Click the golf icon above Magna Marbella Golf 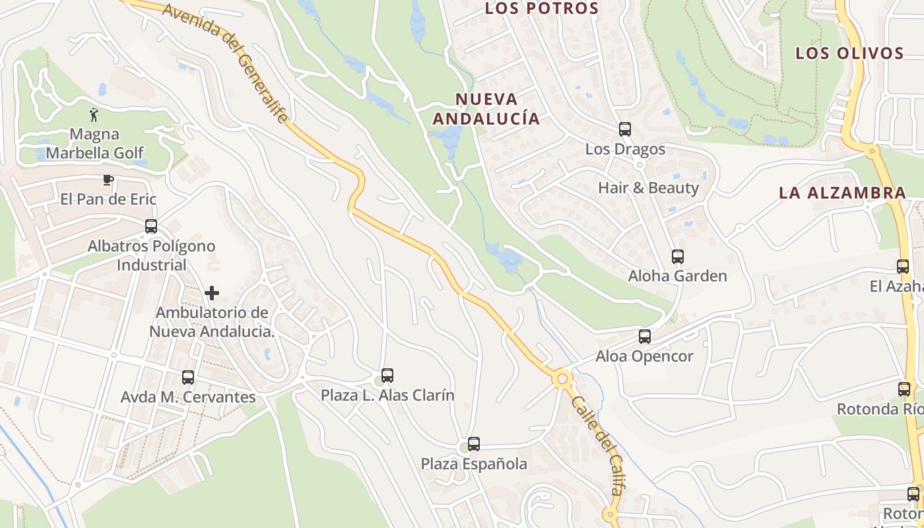94,115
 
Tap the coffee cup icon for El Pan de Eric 108,180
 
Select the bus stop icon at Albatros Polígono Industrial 151,226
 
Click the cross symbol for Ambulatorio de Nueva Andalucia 212,292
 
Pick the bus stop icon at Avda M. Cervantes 188,378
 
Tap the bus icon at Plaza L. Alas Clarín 387,376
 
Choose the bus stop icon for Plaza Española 474,444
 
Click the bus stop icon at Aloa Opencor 645,337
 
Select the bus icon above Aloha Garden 678,257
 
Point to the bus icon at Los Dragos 625,129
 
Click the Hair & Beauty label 648,188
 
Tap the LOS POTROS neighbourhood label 542,9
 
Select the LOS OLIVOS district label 849,53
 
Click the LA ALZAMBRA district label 842,193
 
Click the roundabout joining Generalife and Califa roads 562,379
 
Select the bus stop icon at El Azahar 903,267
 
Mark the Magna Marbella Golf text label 94,144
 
